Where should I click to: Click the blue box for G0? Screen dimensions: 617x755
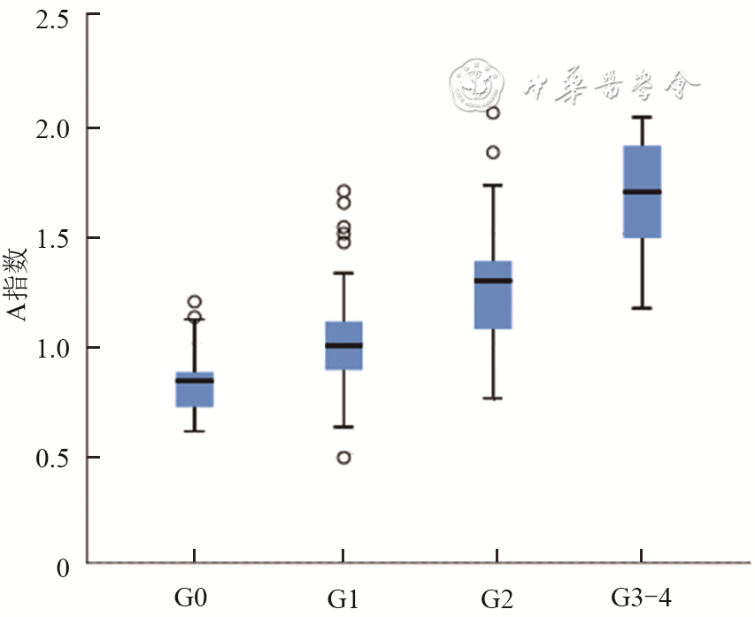(195, 389)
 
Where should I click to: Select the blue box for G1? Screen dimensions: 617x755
(343, 345)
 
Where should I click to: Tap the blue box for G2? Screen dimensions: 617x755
(493, 295)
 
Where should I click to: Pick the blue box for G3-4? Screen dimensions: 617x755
(643, 191)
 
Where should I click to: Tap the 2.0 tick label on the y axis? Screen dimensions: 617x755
(50, 127)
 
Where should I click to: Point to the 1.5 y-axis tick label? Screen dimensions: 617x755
(50, 237)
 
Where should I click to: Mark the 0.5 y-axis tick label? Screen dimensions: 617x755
(50, 457)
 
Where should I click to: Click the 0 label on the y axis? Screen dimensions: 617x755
(62, 567)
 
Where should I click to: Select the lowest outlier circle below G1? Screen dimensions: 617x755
(344, 458)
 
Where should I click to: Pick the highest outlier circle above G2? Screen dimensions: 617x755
(494, 113)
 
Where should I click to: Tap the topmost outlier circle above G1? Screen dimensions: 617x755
(344, 190)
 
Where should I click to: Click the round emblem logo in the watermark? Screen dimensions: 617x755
(476, 87)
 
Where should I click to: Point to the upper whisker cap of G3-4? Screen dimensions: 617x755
(643, 117)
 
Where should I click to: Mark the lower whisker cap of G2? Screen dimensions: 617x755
(493, 398)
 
